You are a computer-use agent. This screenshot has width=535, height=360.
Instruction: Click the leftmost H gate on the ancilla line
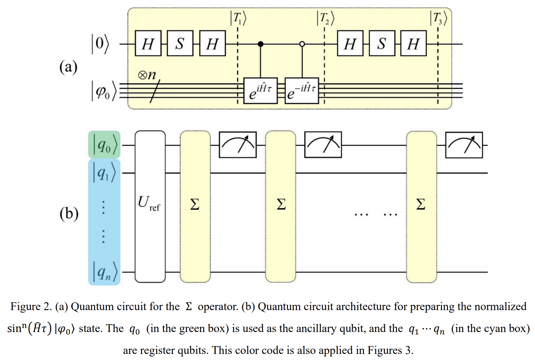pyautogui.click(x=148, y=43)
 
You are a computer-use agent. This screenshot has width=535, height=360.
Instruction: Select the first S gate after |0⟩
pyautogui.click(x=180, y=43)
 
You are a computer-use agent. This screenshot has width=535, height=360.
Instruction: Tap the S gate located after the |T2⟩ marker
pyautogui.click(x=382, y=43)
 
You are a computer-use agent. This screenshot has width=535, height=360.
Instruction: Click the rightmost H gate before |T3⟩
pyautogui.click(x=413, y=43)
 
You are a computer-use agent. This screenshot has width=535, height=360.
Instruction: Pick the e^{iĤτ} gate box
pyautogui.click(x=260, y=90)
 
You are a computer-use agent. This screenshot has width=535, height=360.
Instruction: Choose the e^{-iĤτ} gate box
pyautogui.click(x=302, y=90)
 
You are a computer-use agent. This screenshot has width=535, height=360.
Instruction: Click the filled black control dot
pyautogui.click(x=260, y=44)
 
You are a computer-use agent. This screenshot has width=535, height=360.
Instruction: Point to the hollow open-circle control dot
pyautogui.click(x=302, y=44)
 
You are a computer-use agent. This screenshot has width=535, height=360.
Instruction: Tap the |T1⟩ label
pyautogui.click(x=238, y=18)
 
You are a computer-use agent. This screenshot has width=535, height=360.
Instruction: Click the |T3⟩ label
pyautogui.click(x=438, y=18)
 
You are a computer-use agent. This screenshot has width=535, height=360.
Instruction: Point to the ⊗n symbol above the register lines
pyautogui.click(x=147, y=75)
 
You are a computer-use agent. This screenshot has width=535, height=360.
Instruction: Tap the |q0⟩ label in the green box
pyautogui.click(x=105, y=145)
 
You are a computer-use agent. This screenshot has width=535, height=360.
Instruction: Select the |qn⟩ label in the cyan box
pyautogui.click(x=105, y=272)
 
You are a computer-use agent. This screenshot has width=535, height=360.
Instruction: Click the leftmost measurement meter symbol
pyautogui.click(x=238, y=145)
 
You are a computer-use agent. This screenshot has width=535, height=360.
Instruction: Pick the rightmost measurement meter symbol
pyautogui.click(x=464, y=145)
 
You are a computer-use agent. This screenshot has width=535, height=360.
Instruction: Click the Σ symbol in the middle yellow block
pyautogui.click(x=281, y=204)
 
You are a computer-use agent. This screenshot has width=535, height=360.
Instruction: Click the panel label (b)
pyautogui.click(x=69, y=214)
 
